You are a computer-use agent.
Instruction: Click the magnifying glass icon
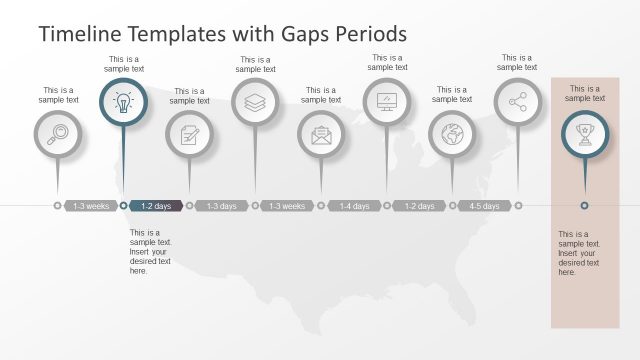pyautogui.click(x=57, y=134)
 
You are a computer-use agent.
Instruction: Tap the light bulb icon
pyautogui.click(x=123, y=102)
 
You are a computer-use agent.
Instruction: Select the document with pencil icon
pyautogui.click(x=189, y=134)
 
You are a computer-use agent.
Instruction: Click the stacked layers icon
pyautogui.click(x=255, y=102)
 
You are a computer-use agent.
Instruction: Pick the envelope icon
pyautogui.click(x=321, y=134)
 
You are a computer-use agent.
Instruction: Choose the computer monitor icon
pyautogui.click(x=387, y=102)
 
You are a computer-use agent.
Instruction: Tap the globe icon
pyautogui.click(x=452, y=134)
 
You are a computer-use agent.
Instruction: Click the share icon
pyautogui.click(x=517, y=102)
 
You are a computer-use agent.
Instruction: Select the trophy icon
pyautogui.click(x=584, y=134)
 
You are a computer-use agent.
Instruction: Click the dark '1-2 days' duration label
pyautogui.click(x=156, y=206)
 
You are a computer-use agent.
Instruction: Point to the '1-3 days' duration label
pyautogui.click(x=222, y=206)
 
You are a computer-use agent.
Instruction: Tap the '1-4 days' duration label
pyautogui.click(x=354, y=206)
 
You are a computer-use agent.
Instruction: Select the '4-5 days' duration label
pyautogui.click(x=485, y=206)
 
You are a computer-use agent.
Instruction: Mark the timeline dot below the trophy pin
pyautogui.click(x=584, y=206)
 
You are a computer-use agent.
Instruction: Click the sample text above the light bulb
pyautogui.click(x=124, y=64)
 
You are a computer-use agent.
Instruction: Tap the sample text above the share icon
pyautogui.click(x=517, y=63)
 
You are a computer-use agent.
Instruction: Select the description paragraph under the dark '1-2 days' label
pyautogui.click(x=151, y=251)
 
